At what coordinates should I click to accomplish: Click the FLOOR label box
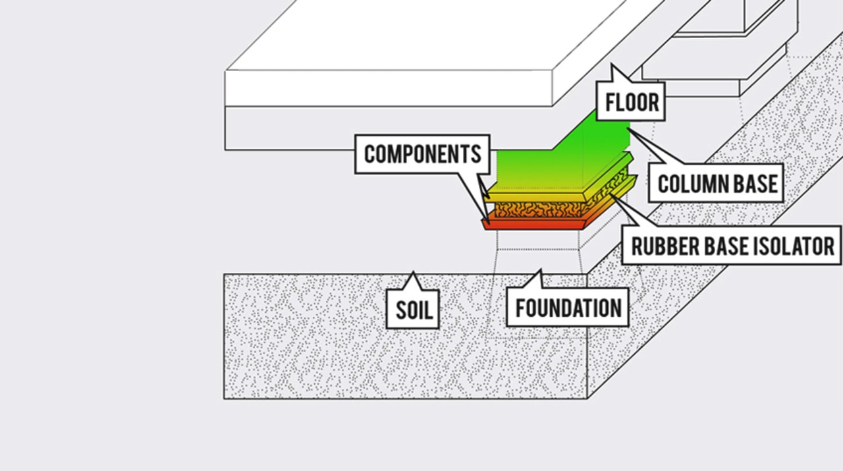point(631,101)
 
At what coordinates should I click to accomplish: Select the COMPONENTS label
point(422,154)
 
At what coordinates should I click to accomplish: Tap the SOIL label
point(413,310)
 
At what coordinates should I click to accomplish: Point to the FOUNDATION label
point(568,308)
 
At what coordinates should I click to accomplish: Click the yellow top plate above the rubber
point(534,198)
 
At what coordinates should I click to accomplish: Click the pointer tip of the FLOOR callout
point(612,65)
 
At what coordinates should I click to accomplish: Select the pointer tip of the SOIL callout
point(413,272)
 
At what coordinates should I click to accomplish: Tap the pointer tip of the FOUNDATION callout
point(541,270)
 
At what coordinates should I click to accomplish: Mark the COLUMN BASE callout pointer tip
point(628,129)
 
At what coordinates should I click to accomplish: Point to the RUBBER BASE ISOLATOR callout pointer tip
point(611,194)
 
